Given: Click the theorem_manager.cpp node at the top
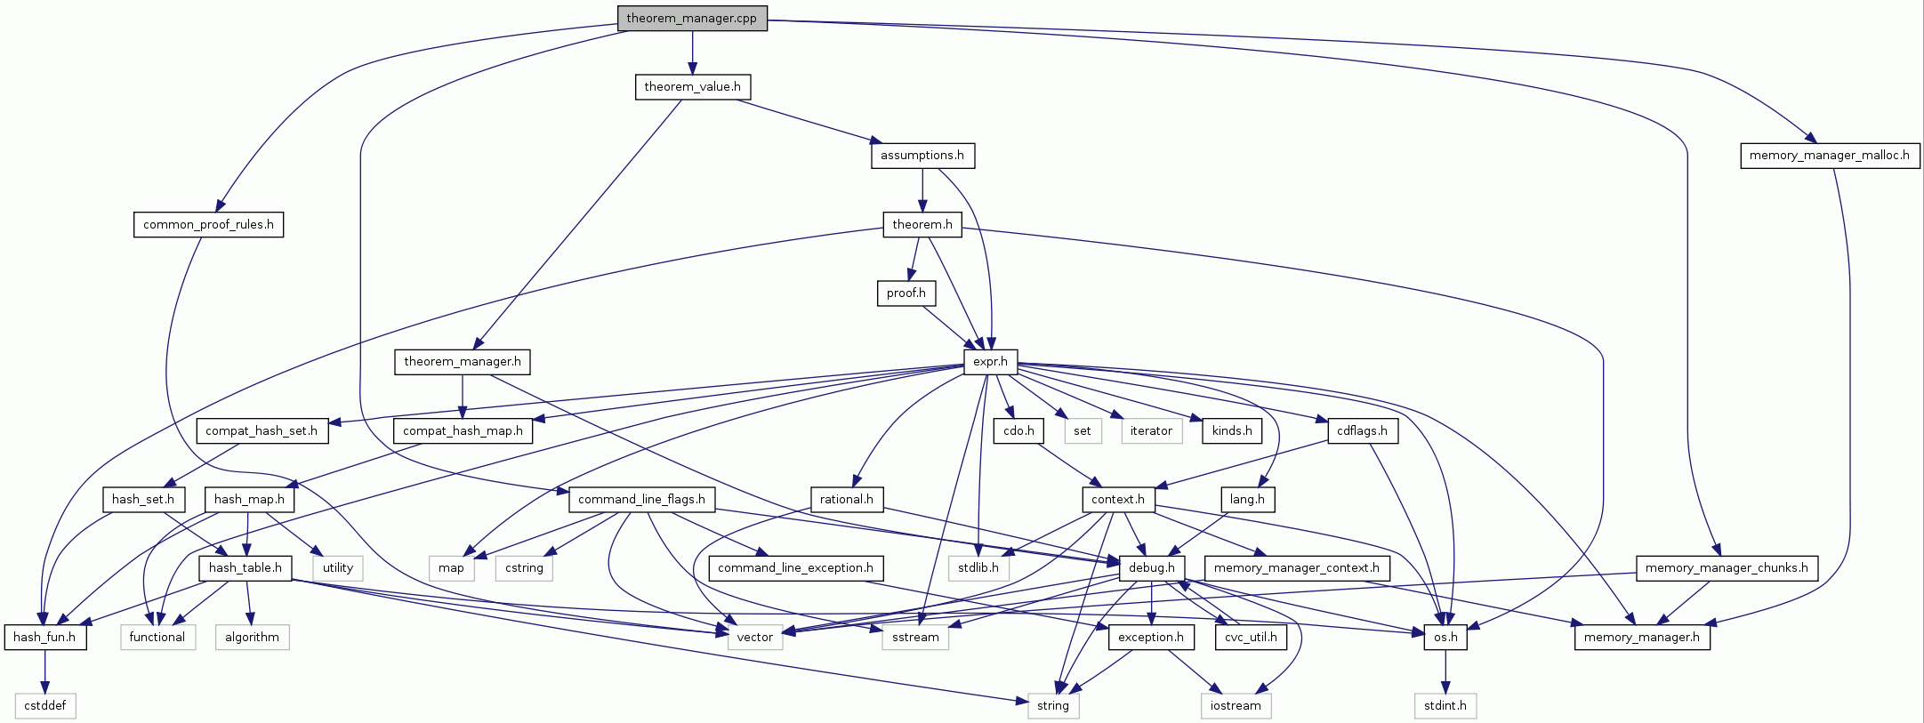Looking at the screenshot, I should tap(692, 18).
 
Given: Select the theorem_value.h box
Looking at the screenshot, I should tap(692, 87).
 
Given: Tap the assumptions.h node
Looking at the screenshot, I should tap(922, 156).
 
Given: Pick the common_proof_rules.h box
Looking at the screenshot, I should tap(208, 225).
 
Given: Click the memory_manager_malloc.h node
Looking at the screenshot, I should tap(1829, 156).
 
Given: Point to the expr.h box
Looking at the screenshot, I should tap(990, 362).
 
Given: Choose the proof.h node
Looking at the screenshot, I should tap(906, 293).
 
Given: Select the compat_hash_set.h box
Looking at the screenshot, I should tap(262, 431).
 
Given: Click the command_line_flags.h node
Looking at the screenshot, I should tap(641, 500).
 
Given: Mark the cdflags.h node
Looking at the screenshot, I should tap(1362, 431).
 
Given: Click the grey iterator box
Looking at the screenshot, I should tap(1151, 431).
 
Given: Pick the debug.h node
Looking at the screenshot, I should tap(1152, 568).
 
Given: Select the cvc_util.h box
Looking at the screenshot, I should tap(1251, 638).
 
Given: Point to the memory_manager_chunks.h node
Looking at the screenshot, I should tap(1727, 568).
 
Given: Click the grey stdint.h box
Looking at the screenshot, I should tap(1445, 706).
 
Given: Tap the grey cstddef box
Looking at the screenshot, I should tap(45, 706).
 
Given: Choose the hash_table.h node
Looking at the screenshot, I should tap(246, 568).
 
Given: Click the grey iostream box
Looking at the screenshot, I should tap(1236, 706).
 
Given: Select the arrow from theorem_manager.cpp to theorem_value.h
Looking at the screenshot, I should tap(692, 53).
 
